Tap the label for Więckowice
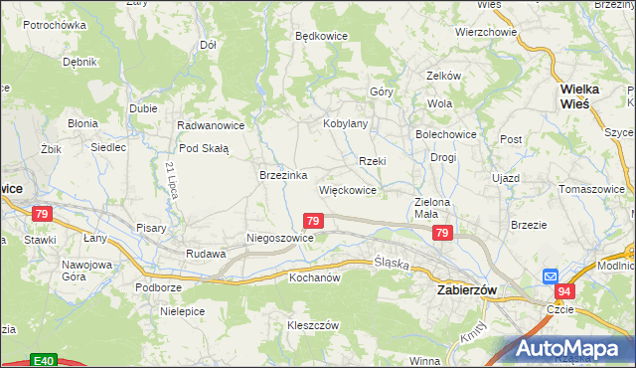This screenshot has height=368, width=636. tap(347, 189)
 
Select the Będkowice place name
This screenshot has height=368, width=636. tap(321, 35)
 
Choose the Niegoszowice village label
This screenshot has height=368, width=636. tap(280, 239)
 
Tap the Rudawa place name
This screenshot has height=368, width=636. tap(206, 254)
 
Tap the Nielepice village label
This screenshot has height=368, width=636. tap(182, 311)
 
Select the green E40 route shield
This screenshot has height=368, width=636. tap(41, 360)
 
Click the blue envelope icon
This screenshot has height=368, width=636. tap(551, 276)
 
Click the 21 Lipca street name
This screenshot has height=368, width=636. tap(172, 179)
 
